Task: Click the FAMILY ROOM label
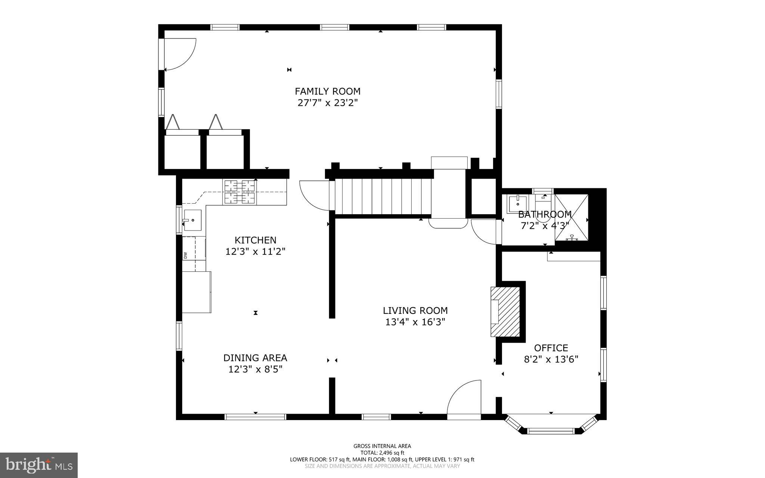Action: tap(328, 91)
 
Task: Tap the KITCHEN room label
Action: tap(255, 240)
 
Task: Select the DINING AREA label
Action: tap(255, 358)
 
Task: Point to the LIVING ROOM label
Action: tap(415, 311)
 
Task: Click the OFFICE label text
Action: tap(551, 348)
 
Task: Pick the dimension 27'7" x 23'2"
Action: tap(328, 103)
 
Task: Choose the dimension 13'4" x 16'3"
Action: tap(415, 322)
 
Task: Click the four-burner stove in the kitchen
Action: tap(239, 192)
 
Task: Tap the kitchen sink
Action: tap(192, 220)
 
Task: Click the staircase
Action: tap(383, 197)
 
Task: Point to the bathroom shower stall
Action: tap(572, 218)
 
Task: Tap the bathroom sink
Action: tap(517, 203)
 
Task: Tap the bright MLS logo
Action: tap(39, 465)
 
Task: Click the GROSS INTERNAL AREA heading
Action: tap(382, 446)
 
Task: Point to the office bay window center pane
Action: tap(551, 431)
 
